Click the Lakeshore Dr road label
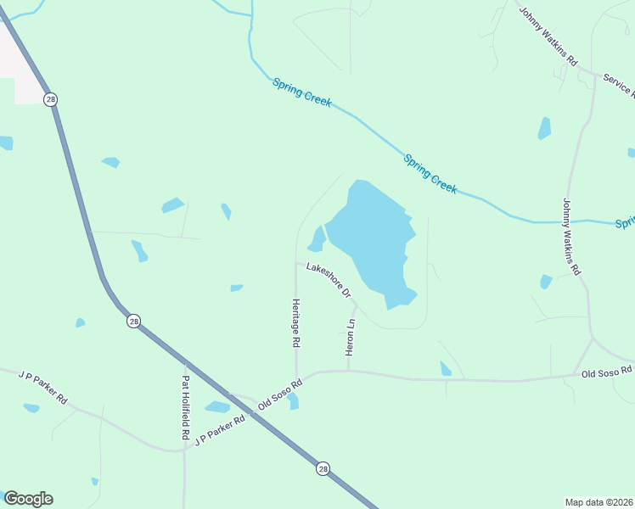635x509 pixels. pos(329,280)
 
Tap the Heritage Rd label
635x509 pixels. pos(296,323)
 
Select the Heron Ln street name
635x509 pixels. pos(350,337)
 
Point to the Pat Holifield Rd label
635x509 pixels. pos(185,407)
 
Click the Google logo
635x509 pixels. pos(28,499)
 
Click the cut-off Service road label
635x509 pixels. pos(618,84)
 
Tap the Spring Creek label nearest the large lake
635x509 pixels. pos(430,173)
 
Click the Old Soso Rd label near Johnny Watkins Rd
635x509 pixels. pos(607,372)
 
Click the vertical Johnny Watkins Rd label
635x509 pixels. pos(570,237)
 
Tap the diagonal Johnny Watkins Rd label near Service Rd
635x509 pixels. pos(548,36)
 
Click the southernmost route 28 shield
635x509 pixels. pos(323,468)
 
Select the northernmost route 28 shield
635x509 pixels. pos(52,99)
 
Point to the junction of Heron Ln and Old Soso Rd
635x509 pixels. pos(348,371)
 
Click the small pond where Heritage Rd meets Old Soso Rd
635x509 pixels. pos(294,401)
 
